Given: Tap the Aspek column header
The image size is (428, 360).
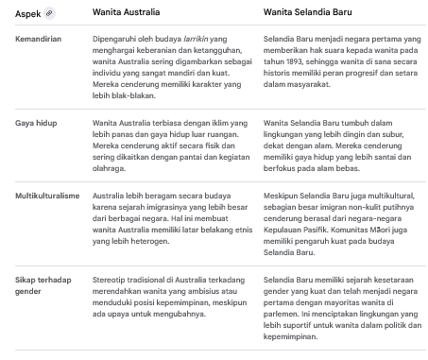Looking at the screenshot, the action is (28, 15).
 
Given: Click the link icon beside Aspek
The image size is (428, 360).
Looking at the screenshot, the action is (49, 15).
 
